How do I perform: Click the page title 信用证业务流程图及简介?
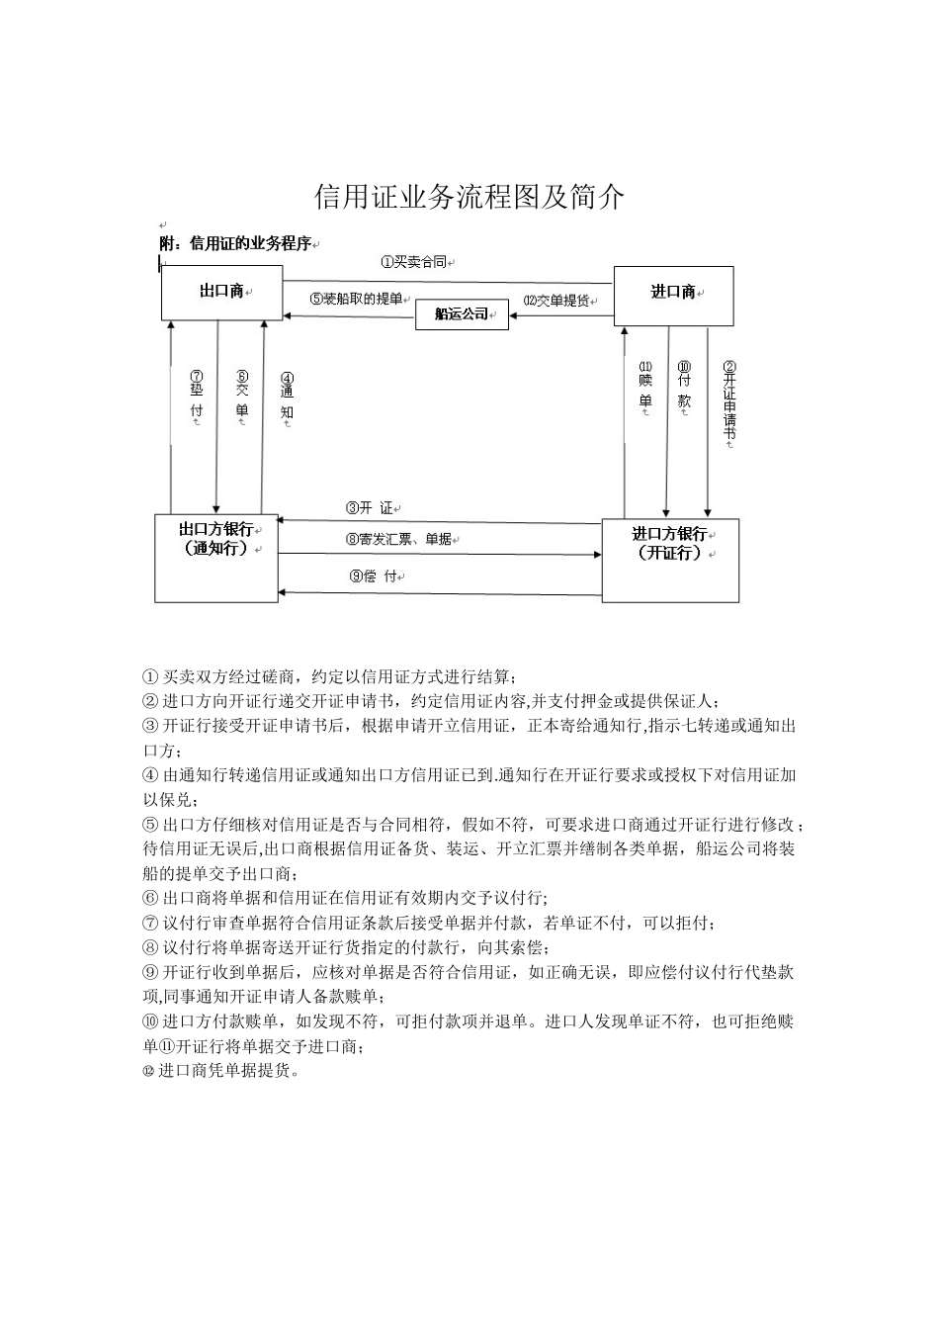click(x=469, y=198)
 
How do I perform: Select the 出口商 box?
click(x=220, y=292)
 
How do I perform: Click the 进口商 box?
click(x=673, y=294)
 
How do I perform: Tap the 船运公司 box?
click(x=462, y=314)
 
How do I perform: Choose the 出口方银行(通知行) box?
click(x=215, y=558)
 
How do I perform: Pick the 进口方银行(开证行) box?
click(x=670, y=560)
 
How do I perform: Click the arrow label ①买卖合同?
click(x=414, y=262)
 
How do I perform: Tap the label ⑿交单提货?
click(x=558, y=301)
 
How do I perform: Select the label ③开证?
click(x=370, y=508)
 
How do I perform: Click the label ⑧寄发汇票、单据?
click(x=398, y=539)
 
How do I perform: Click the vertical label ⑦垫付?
click(x=197, y=396)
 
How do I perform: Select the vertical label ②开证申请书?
click(x=729, y=401)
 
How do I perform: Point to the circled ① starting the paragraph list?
click(x=150, y=677)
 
